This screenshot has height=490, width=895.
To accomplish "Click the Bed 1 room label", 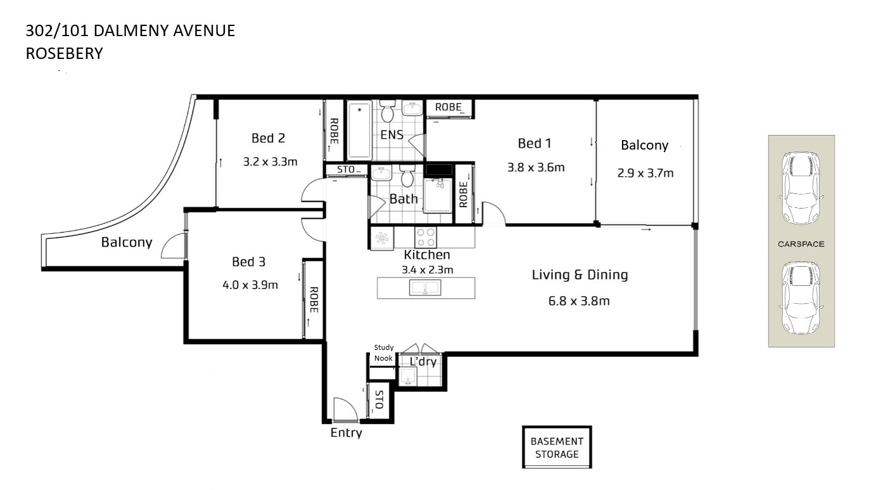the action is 534,143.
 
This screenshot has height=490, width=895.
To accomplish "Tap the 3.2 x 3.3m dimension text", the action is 270,162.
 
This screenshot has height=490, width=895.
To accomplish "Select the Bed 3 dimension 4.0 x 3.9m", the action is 250,285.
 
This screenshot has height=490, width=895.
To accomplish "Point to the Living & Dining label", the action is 580,275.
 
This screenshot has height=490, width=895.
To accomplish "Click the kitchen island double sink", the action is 425,288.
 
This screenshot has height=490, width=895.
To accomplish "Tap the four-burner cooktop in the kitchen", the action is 425,237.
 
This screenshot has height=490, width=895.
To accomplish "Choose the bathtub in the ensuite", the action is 359,130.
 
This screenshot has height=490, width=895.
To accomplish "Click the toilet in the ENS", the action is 387,111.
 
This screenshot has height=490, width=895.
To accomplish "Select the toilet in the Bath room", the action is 407,176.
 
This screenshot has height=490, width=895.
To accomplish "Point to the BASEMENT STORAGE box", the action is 557,447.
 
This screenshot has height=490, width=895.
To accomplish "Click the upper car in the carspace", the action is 801,188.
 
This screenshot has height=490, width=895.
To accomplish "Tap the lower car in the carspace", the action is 801,297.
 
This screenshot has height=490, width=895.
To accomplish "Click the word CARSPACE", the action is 801,244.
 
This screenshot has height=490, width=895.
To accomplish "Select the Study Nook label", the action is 384,353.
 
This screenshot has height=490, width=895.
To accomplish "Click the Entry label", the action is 346,433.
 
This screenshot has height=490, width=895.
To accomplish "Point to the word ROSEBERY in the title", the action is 65,53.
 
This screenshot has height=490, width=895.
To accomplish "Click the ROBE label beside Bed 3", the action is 314,300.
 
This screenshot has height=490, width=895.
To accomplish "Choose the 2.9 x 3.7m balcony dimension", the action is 645,173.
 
